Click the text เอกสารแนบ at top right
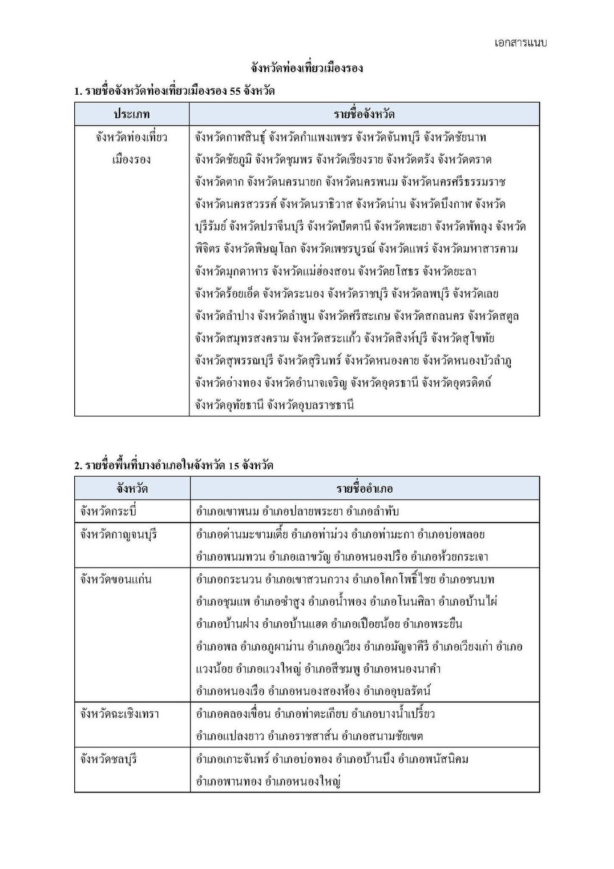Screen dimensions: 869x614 point(520,43)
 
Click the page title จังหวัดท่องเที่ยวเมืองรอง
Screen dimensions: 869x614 point(307,68)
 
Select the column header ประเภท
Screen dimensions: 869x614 point(131,114)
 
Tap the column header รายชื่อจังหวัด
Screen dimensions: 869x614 point(364,114)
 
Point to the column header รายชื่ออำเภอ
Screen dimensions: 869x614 point(364,488)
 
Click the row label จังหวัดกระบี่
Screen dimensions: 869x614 point(108,511)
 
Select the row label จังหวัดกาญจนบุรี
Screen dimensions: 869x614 point(118,534)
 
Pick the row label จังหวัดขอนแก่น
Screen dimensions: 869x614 point(116,579)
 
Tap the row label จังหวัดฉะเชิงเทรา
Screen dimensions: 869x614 point(119,714)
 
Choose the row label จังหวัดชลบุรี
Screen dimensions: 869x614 point(108,759)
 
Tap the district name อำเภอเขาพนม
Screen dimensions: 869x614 point(224,511)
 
